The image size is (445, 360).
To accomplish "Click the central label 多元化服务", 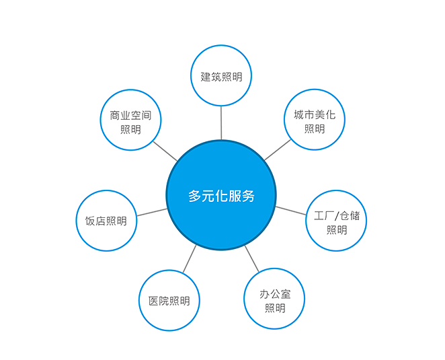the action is coord(221,196).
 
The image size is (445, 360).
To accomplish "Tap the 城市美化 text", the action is coord(315,115).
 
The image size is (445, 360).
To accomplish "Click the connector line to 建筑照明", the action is coord(221,123).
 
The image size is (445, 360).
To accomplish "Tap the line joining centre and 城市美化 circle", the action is coord(278,150).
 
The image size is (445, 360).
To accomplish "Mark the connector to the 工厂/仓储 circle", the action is coord(290,211).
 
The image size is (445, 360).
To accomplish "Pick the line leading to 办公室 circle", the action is coord(251,258).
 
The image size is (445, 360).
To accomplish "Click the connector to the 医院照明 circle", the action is coord(190,259).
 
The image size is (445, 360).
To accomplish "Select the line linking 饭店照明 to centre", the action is coord(152,212).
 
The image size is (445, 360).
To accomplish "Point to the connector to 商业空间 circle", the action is coord(165,151).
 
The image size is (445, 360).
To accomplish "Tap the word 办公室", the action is coord(275,294).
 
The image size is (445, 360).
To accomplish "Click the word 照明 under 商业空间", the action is coord(130,130).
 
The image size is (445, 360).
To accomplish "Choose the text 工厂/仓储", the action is coord(337,215).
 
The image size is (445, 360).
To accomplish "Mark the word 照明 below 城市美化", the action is coord(315,129).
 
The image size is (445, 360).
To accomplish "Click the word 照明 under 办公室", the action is coord(275,308).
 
